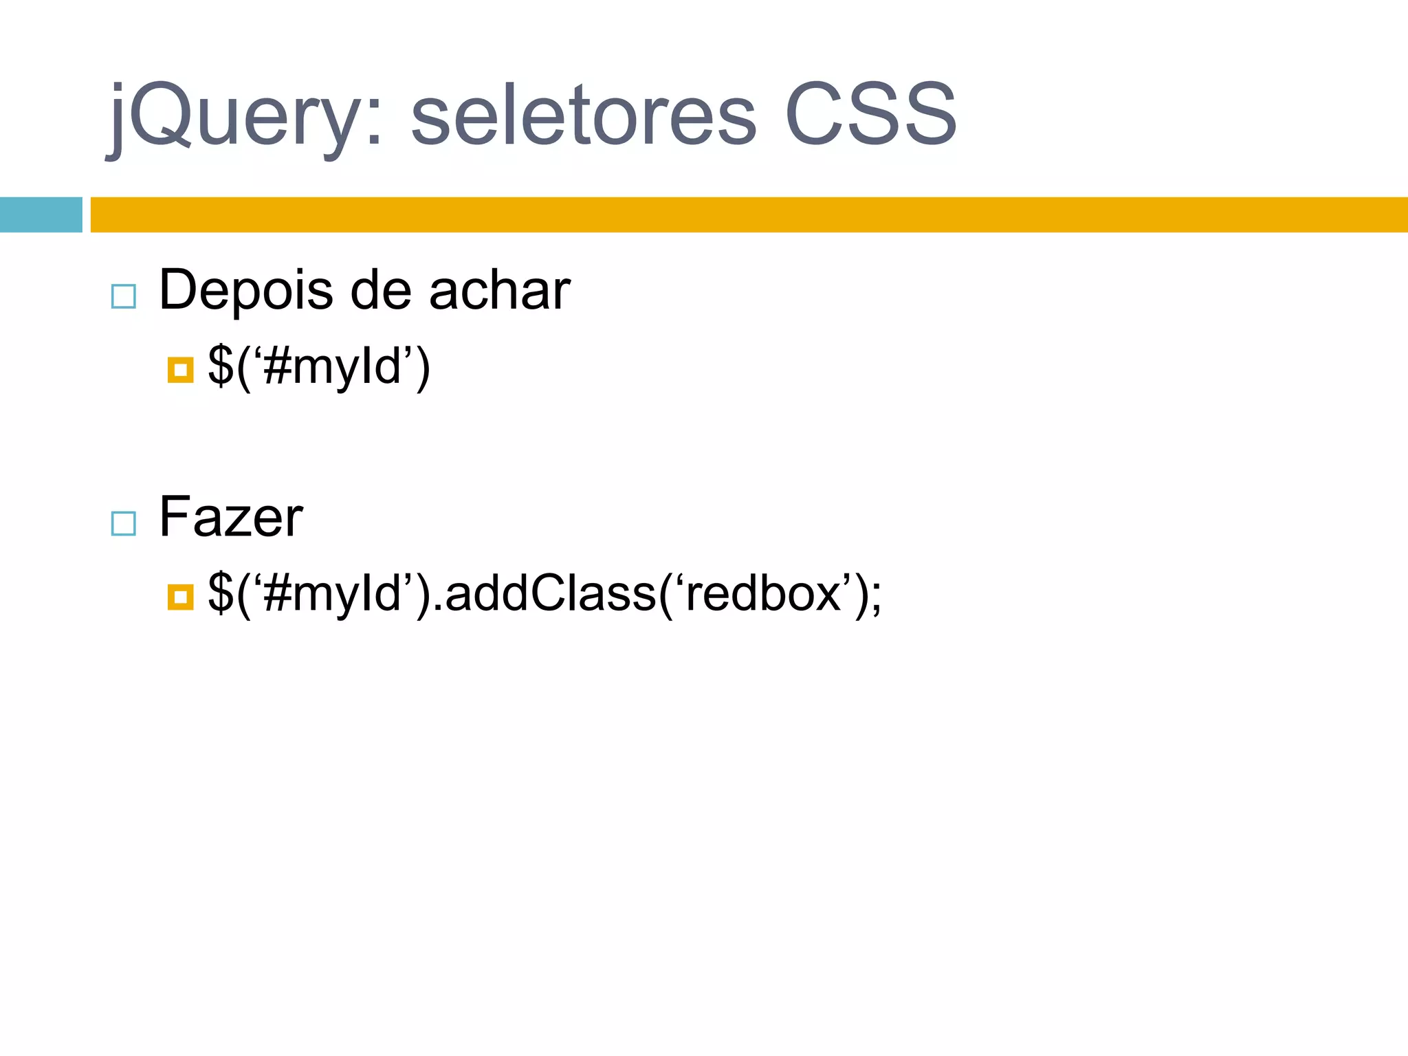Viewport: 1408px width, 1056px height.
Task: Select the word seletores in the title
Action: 584,115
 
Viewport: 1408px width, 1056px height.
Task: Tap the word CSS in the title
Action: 870,115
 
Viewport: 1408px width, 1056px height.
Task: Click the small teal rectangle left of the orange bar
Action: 41,214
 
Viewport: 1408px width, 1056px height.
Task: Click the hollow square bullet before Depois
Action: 124,296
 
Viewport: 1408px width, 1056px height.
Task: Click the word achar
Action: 500,290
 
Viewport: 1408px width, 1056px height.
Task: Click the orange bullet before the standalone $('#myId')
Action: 180,370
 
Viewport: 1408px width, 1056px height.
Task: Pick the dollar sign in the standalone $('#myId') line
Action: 220,366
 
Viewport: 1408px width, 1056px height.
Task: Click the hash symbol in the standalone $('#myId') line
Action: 277,366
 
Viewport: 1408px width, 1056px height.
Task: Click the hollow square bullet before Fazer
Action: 124,523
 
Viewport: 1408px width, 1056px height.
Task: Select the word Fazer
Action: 230,517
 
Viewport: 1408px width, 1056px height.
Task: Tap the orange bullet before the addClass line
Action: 180,597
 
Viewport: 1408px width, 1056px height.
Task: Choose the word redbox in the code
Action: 764,593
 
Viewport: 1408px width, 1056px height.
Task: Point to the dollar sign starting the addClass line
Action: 220,593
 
